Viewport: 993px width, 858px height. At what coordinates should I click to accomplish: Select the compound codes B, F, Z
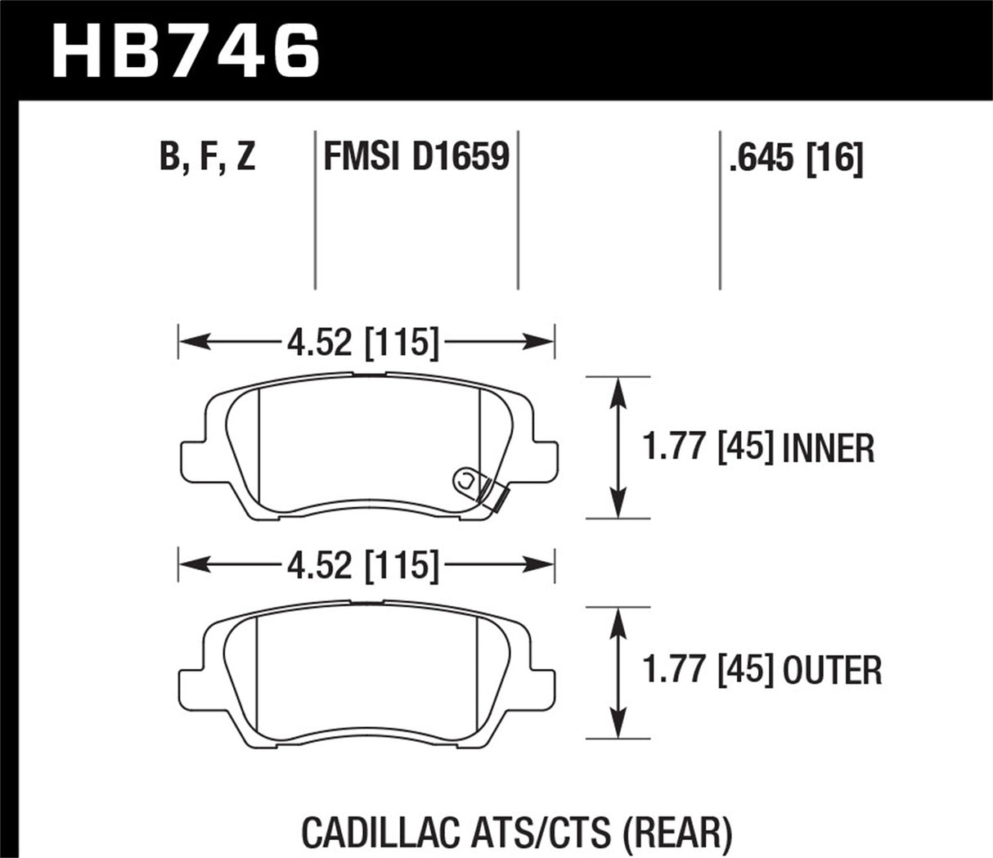pyautogui.click(x=208, y=156)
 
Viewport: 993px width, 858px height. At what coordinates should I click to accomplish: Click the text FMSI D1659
pyautogui.click(x=416, y=156)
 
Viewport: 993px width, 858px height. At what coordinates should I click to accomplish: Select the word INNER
pyautogui.click(x=829, y=448)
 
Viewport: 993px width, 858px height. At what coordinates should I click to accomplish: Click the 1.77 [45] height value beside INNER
pyautogui.click(x=708, y=448)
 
